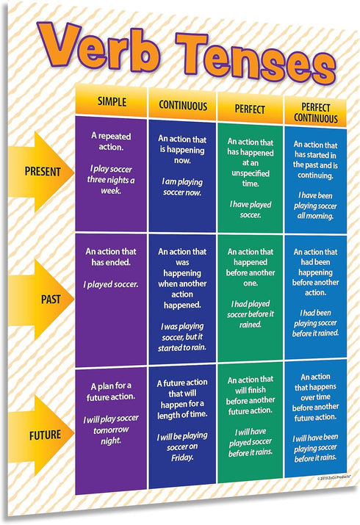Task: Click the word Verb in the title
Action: [97, 47]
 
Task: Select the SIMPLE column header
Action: [112, 102]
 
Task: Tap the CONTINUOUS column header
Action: [183, 106]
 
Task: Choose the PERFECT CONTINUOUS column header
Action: [316, 113]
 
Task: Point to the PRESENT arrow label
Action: [43, 172]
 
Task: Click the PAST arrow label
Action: [51, 299]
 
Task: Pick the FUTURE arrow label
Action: [46, 435]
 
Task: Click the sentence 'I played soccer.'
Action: [111, 285]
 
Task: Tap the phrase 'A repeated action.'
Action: [111, 142]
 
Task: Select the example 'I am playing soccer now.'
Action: [182, 187]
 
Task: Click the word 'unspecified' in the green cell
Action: [251, 173]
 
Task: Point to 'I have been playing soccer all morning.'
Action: [315, 206]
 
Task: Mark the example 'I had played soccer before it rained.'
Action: [250, 314]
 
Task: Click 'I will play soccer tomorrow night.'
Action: [111, 430]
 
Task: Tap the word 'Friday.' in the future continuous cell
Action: [182, 457]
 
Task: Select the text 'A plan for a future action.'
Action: [111, 391]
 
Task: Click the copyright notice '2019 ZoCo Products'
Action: [334, 478]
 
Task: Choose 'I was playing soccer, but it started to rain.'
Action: [182, 337]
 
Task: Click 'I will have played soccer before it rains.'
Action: [251, 442]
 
